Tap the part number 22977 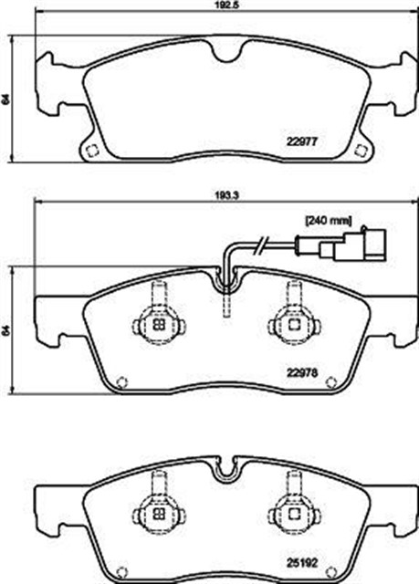click(301, 141)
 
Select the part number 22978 click(301, 372)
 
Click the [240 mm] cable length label click(328, 221)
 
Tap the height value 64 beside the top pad click(5, 99)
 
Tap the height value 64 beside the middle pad click(5, 330)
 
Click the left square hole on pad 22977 click(91, 151)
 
